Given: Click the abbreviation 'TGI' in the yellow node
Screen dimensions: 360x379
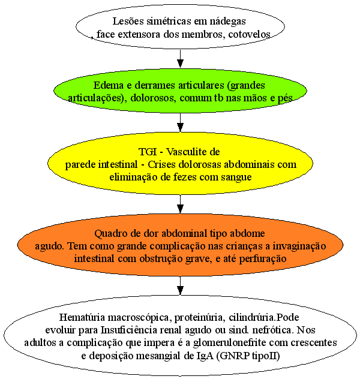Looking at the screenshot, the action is point(148,152).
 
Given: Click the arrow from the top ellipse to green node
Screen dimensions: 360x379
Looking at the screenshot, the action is point(180,59).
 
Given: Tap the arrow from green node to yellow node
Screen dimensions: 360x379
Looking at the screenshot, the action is point(180,122).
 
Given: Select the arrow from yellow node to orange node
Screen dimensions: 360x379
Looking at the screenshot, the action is point(180,204).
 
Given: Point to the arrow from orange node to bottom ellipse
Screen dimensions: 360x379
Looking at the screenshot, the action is point(180,285).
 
